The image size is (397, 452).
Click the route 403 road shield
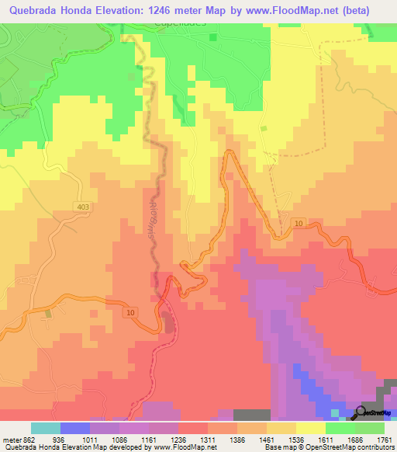point(84,206)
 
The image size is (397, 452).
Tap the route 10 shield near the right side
point(299,224)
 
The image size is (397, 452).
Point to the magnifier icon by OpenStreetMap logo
point(361,412)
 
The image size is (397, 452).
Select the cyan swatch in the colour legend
point(45,428)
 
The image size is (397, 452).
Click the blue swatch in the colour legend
point(74,428)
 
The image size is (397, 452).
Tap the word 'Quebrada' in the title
point(33,10)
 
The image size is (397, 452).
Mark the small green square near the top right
point(264,128)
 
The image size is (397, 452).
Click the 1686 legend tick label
point(354,440)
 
